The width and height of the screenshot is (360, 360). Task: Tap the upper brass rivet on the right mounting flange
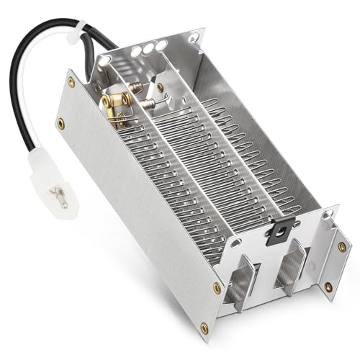click(x=341, y=246)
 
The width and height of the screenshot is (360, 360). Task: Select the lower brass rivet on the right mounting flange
click(x=328, y=287)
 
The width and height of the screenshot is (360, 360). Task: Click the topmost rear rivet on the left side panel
click(x=71, y=82)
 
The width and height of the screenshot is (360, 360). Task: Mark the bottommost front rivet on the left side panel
click(x=204, y=328)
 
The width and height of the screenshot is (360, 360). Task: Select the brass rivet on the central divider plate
click(x=160, y=87)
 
